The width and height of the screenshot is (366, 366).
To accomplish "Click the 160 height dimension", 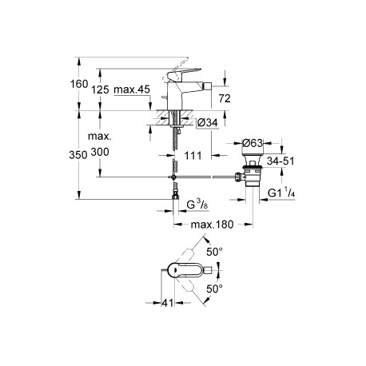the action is click(79, 84).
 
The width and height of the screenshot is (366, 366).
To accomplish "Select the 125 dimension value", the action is click(100, 90).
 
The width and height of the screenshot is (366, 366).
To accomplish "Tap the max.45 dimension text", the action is click(132, 90).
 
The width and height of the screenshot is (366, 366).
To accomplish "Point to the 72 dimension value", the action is click(225, 98).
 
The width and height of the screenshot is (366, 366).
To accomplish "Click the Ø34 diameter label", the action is click(208, 122).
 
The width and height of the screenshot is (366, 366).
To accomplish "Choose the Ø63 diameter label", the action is click(253, 143).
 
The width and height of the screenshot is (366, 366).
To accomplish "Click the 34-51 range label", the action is click(280, 161).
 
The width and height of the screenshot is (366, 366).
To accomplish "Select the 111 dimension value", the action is click(193, 156).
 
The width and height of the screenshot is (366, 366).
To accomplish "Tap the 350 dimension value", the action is click(78, 155).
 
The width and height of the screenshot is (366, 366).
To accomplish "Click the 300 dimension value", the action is click(100, 152).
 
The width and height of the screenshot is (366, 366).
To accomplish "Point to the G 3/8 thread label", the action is click(197, 205).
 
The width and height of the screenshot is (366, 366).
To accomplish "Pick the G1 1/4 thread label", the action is click(281, 193).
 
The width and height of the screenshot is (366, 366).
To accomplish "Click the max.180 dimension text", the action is click(212, 225).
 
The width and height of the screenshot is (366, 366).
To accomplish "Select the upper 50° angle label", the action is click(215, 252).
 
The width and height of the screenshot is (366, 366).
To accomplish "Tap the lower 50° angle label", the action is click(215, 288).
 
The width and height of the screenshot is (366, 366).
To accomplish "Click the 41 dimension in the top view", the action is click(168, 303).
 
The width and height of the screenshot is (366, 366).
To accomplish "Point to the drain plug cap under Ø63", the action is click(253, 157).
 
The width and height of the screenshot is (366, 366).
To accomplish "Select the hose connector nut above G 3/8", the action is click(176, 197).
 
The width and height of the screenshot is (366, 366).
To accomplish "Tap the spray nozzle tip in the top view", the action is click(208, 270).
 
